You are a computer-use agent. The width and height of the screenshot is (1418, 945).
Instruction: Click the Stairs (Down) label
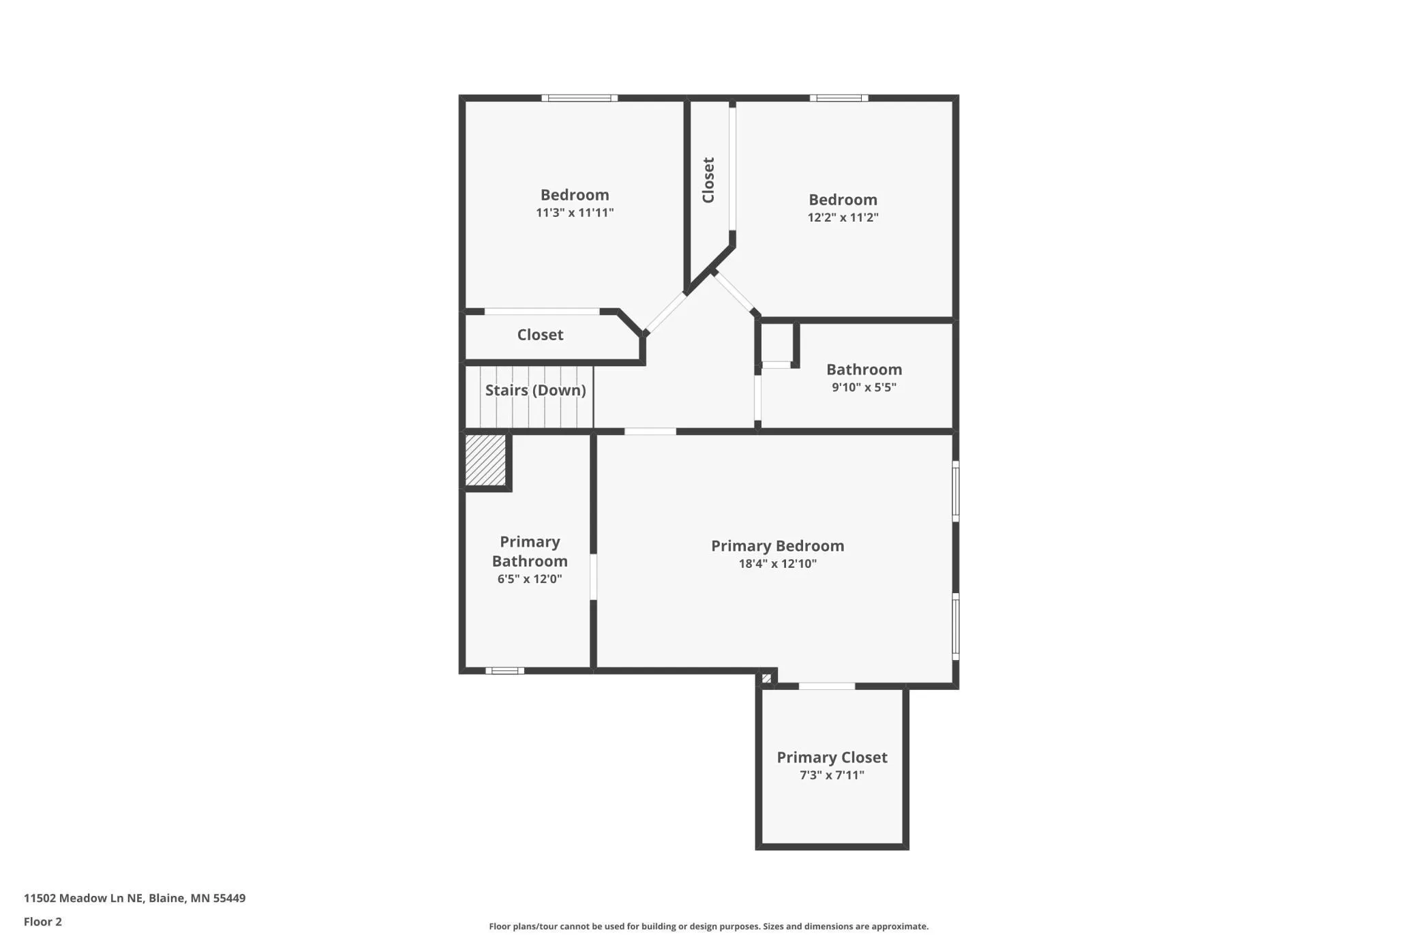[535, 390]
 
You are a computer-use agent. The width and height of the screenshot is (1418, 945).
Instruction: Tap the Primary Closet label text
[832, 757]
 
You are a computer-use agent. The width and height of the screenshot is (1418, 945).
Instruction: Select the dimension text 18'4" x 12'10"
[777, 563]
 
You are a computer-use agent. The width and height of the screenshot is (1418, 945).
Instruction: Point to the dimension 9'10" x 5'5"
[864, 387]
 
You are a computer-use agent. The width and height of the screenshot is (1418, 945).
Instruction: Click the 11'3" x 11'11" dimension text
[575, 212]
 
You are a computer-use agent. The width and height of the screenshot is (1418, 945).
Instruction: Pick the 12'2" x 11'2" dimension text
[843, 217]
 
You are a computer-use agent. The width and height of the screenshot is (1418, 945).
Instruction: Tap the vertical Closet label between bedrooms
[708, 180]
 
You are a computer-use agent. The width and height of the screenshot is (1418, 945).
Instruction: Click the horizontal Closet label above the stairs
[540, 334]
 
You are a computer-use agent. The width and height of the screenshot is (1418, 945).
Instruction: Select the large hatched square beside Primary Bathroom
[485, 460]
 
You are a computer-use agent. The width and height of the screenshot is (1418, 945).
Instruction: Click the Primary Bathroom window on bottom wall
[504, 671]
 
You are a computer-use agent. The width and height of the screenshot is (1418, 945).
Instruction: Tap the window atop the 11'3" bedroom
[579, 98]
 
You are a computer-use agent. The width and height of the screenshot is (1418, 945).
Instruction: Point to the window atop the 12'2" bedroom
[839, 98]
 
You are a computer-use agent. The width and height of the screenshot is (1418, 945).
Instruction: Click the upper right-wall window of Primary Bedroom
[956, 492]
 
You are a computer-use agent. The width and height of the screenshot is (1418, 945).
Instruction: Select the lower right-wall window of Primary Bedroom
[956, 627]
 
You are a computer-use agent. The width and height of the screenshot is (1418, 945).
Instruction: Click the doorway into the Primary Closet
[827, 686]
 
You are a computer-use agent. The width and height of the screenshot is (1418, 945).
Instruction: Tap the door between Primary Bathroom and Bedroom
[593, 577]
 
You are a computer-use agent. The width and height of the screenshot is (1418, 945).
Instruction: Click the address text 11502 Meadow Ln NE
[84, 898]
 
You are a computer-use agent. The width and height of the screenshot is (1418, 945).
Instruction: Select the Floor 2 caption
[43, 922]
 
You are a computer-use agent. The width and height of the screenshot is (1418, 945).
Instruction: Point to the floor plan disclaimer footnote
[708, 926]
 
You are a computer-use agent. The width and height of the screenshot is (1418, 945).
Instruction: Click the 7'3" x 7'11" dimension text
[832, 775]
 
